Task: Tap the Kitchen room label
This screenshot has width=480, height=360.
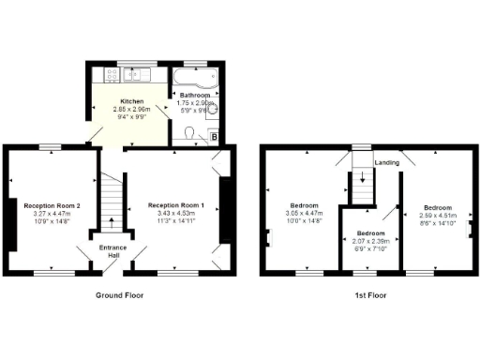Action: pyautogui.click(x=130, y=101)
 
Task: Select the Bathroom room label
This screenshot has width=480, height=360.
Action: pyautogui.click(x=194, y=95)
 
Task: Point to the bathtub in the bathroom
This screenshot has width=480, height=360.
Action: pyautogui.click(x=195, y=76)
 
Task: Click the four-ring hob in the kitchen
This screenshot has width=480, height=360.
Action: pyautogui.click(x=147, y=76)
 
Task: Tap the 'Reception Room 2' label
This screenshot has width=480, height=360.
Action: pyautogui.click(x=52, y=204)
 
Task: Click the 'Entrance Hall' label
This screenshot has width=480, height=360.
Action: pyautogui.click(x=112, y=252)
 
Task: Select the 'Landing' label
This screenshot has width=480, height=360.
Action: pyautogui.click(x=386, y=162)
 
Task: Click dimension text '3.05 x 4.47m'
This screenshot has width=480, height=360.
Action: pyautogui.click(x=304, y=213)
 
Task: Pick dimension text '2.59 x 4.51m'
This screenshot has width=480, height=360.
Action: pyautogui.click(x=436, y=215)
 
